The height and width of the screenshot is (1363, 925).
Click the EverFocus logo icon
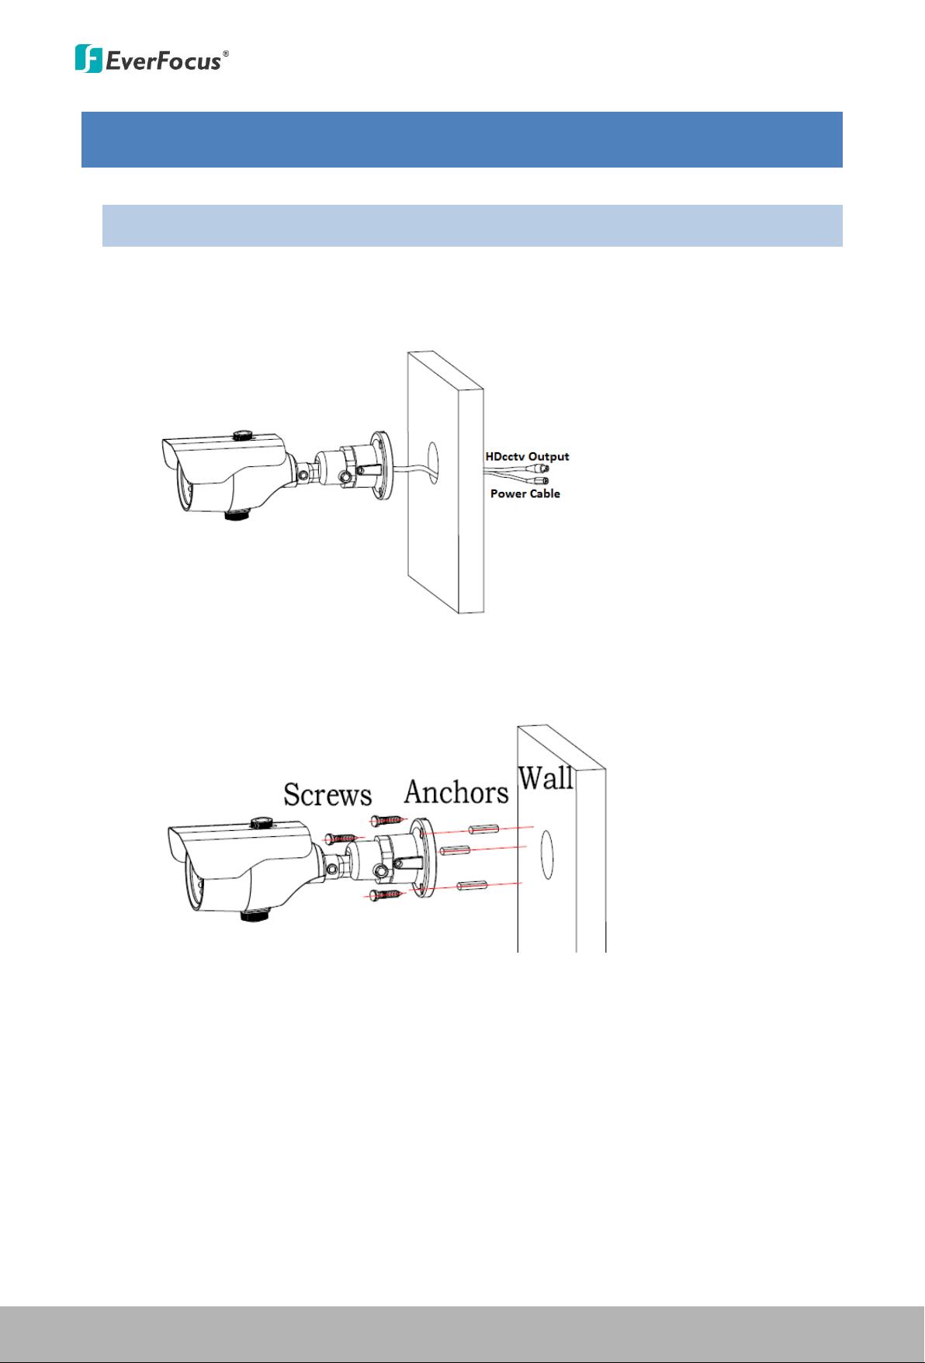point(88,59)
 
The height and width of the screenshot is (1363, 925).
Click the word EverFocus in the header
point(163,61)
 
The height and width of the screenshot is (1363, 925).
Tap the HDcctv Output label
point(528,456)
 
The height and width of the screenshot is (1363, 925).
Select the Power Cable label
point(525,493)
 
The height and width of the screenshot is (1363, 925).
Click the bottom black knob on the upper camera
point(236,514)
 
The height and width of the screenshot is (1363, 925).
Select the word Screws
point(327,794)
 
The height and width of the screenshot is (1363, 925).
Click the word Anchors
point(456,792)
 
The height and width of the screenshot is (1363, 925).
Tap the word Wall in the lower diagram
point(546,777)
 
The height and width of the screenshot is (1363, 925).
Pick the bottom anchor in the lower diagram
point(472,885)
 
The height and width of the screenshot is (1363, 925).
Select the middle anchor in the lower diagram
point(455,851)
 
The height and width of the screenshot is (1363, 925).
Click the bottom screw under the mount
point(386,896)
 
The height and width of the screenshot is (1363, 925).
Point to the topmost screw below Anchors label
point(387,821)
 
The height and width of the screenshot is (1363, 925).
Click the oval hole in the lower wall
point(547,855)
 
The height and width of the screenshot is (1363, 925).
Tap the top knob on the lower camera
point(259,822)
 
